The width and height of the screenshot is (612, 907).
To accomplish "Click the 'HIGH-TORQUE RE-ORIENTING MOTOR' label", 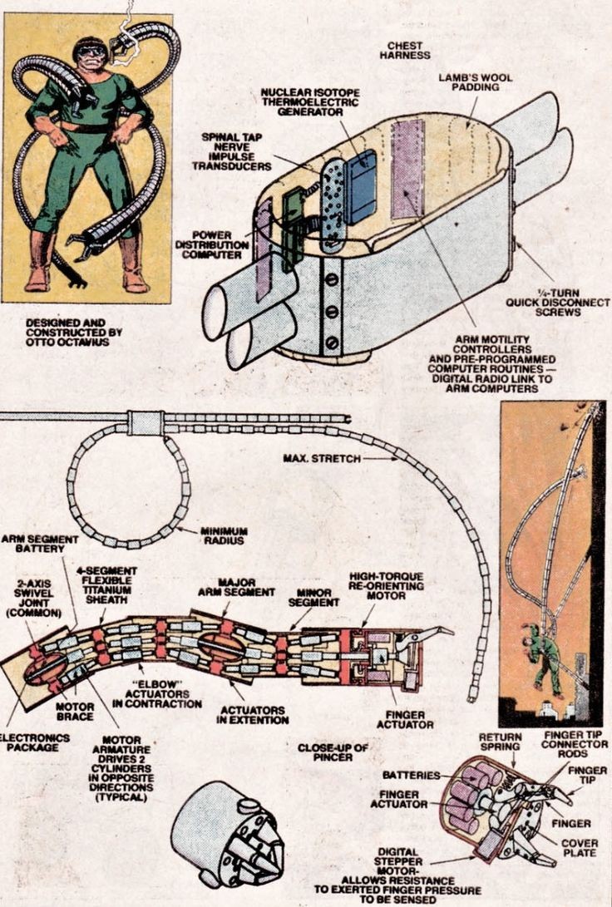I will pos(387,585).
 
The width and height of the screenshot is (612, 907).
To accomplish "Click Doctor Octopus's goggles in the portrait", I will pos(91,51).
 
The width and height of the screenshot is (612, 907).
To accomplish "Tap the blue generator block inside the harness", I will pos(362,186).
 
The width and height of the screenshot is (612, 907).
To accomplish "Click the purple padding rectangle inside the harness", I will pos(407,168).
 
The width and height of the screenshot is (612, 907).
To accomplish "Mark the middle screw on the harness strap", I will pos(331,311).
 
